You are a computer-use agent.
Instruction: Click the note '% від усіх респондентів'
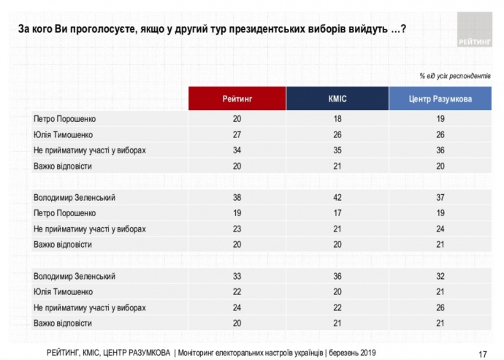[x=454, y=76]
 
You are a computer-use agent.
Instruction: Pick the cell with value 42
[x=337, y=197]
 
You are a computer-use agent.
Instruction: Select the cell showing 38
[x=237, y=197]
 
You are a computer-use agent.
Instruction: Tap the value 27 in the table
[x=237, y=134]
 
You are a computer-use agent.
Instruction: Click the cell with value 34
[x=237, y=150]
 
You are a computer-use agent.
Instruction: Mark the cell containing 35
[x=337, y=150]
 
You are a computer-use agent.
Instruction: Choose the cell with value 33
[x=237, y=276]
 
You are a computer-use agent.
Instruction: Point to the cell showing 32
[x=440, y=276]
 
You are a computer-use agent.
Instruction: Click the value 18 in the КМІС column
[x=337, y=118]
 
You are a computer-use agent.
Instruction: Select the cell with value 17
[x=337, y=213]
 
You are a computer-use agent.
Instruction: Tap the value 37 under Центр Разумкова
[x=440, y=197]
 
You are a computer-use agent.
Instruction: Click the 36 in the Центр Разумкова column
[x=440, y=150]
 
